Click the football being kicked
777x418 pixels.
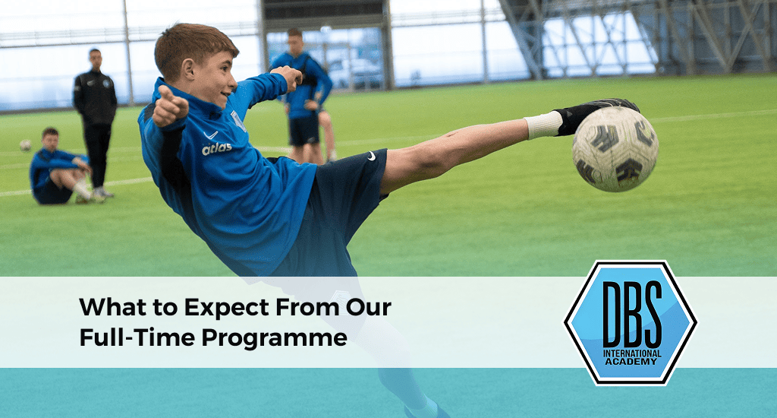coord(615,148)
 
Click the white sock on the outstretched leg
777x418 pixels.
coord(544,125)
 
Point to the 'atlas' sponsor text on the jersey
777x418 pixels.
coord(216,149)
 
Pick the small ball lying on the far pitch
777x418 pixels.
coord(26,144)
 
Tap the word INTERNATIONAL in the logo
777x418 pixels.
coord(631,353)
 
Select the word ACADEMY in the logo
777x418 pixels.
coord(631,361)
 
